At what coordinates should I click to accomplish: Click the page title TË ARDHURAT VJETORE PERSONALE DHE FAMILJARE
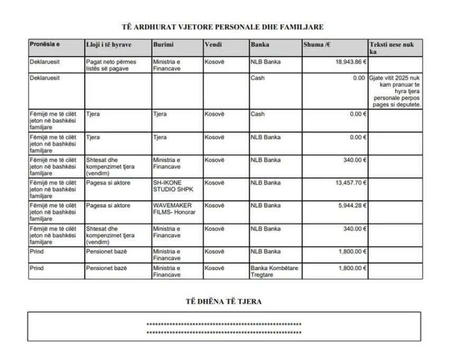click(224, 26)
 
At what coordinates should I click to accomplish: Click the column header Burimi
click(163, 44)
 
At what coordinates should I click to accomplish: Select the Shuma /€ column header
click(317, 44)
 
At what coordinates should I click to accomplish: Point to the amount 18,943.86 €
click(351, 62)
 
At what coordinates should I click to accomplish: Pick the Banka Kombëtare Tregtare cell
click(274, 271)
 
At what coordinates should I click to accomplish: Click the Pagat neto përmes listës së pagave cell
click(111, 65)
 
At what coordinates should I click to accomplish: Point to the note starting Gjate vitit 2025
click(396, 91)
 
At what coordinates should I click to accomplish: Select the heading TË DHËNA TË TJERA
click(224, 302)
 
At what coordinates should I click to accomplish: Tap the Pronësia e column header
click(44, 44)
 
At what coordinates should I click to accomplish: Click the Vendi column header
click(213, 44)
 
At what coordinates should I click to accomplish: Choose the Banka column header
click(260, 44)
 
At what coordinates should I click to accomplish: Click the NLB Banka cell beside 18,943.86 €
click(266, 62)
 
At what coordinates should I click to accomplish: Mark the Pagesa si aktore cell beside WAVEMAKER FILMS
click(108, 206)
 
